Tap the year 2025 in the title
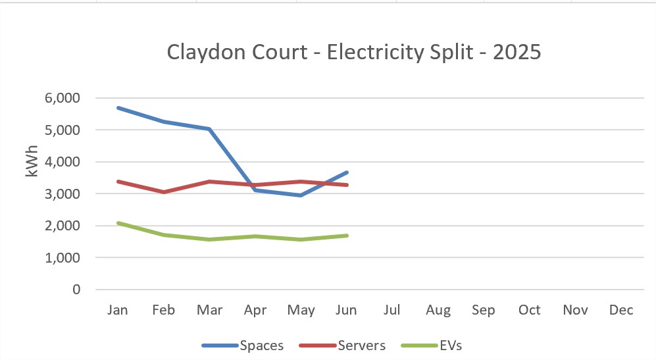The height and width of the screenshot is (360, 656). [x=517, y=52]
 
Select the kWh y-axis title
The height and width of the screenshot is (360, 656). [x=32, y=161]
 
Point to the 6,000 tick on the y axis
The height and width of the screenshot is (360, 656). [x=63, y=98]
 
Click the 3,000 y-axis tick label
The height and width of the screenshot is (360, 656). [x=63, y=193]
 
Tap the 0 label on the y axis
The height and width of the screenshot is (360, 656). [x=76, y=290]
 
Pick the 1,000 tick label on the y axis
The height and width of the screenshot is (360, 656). [x=63, y=258]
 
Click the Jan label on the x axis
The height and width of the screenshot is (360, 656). [x=118, y=310]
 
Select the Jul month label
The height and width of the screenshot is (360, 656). [x=392, y=310]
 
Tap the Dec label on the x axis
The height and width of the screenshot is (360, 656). [x=621, y=310]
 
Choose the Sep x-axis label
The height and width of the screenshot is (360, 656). [x=484, y=310]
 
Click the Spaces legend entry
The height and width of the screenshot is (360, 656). [x=243, y=346]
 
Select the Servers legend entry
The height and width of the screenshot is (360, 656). [x=342, y=346]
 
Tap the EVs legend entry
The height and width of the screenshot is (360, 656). [x=432, y=346]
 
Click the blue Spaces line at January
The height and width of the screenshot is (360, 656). [x=118, y=107]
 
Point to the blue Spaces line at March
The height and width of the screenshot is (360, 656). [x=209, y=129]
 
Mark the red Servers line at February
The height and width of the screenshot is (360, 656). [x=164, y=192]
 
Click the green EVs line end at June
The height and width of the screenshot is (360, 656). [x=347, y=236]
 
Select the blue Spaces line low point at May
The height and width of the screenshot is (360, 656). [x=301, y=195]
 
